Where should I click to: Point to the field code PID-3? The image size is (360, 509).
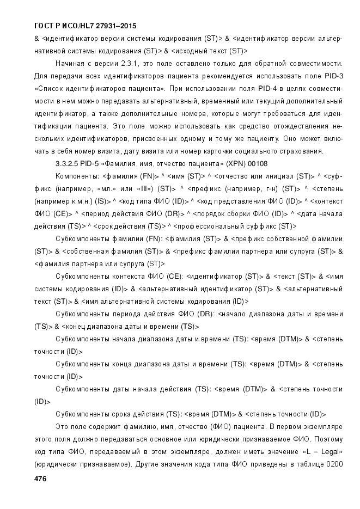pyautogui.click(x=333, y=75)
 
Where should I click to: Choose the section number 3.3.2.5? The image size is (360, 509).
pyautogui.click(x=69, y=163)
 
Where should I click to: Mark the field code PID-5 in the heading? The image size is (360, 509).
pyautogui.click(x=94, y=163)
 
